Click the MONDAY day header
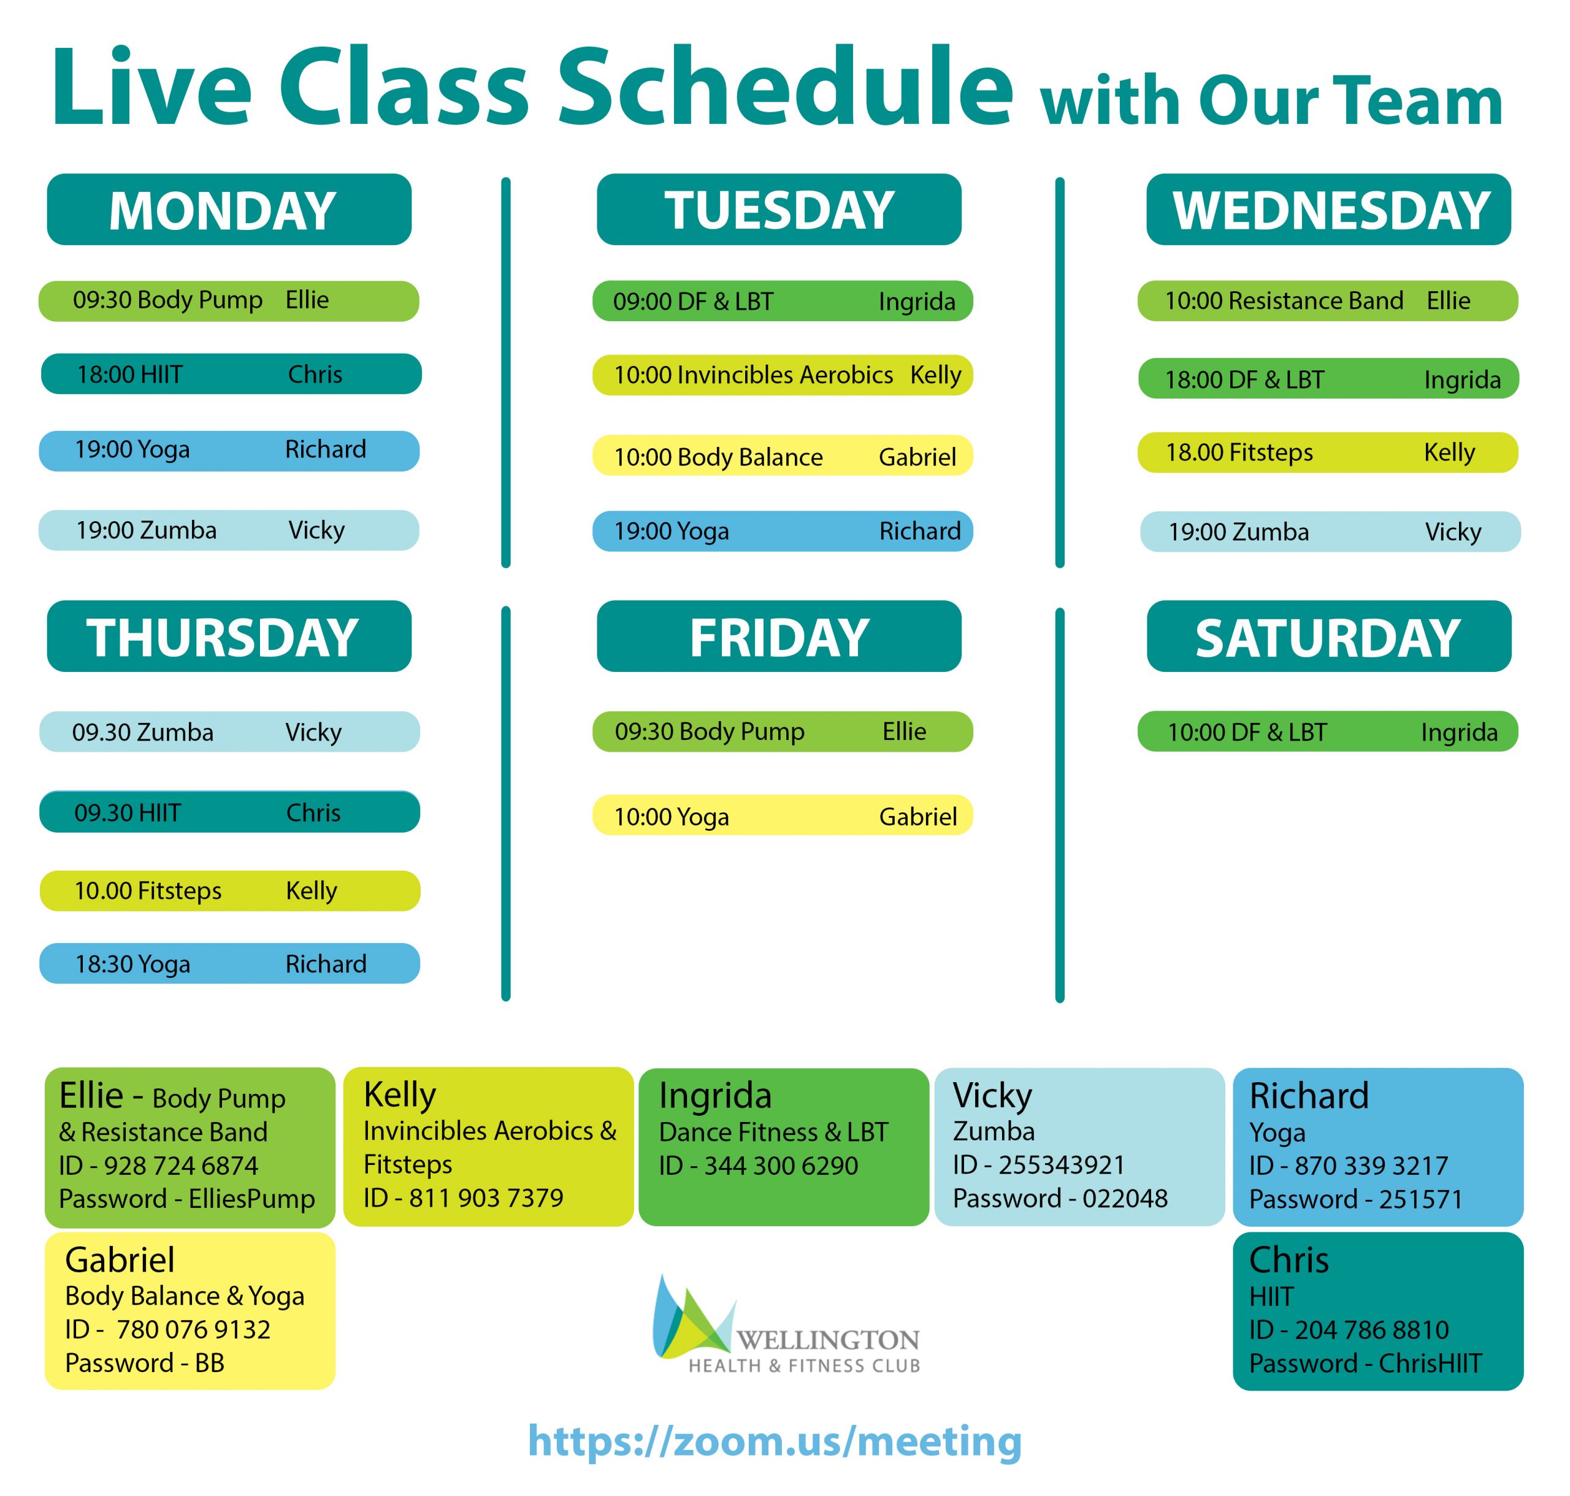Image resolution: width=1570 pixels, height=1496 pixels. (229, 210)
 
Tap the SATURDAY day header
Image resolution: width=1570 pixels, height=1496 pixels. (1328, 636)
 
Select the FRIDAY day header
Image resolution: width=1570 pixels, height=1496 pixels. (779, 636)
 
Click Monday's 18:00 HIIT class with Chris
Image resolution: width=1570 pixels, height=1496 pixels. (231, 374)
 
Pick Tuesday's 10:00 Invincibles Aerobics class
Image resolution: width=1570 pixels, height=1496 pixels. (783, 375)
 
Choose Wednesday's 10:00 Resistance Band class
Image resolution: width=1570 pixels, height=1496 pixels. (1328, 300)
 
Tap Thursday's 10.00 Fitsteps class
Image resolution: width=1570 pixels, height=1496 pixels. (230, 891)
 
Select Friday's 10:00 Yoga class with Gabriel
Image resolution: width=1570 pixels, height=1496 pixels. (783, 816)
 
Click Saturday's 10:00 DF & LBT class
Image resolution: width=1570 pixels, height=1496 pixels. (1328, 731)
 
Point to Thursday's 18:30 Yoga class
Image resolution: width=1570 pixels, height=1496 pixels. (230, 963)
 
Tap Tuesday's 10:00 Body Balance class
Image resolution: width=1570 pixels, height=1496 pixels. (783, 456)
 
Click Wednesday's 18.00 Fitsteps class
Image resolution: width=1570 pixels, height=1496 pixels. (1328, 452)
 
